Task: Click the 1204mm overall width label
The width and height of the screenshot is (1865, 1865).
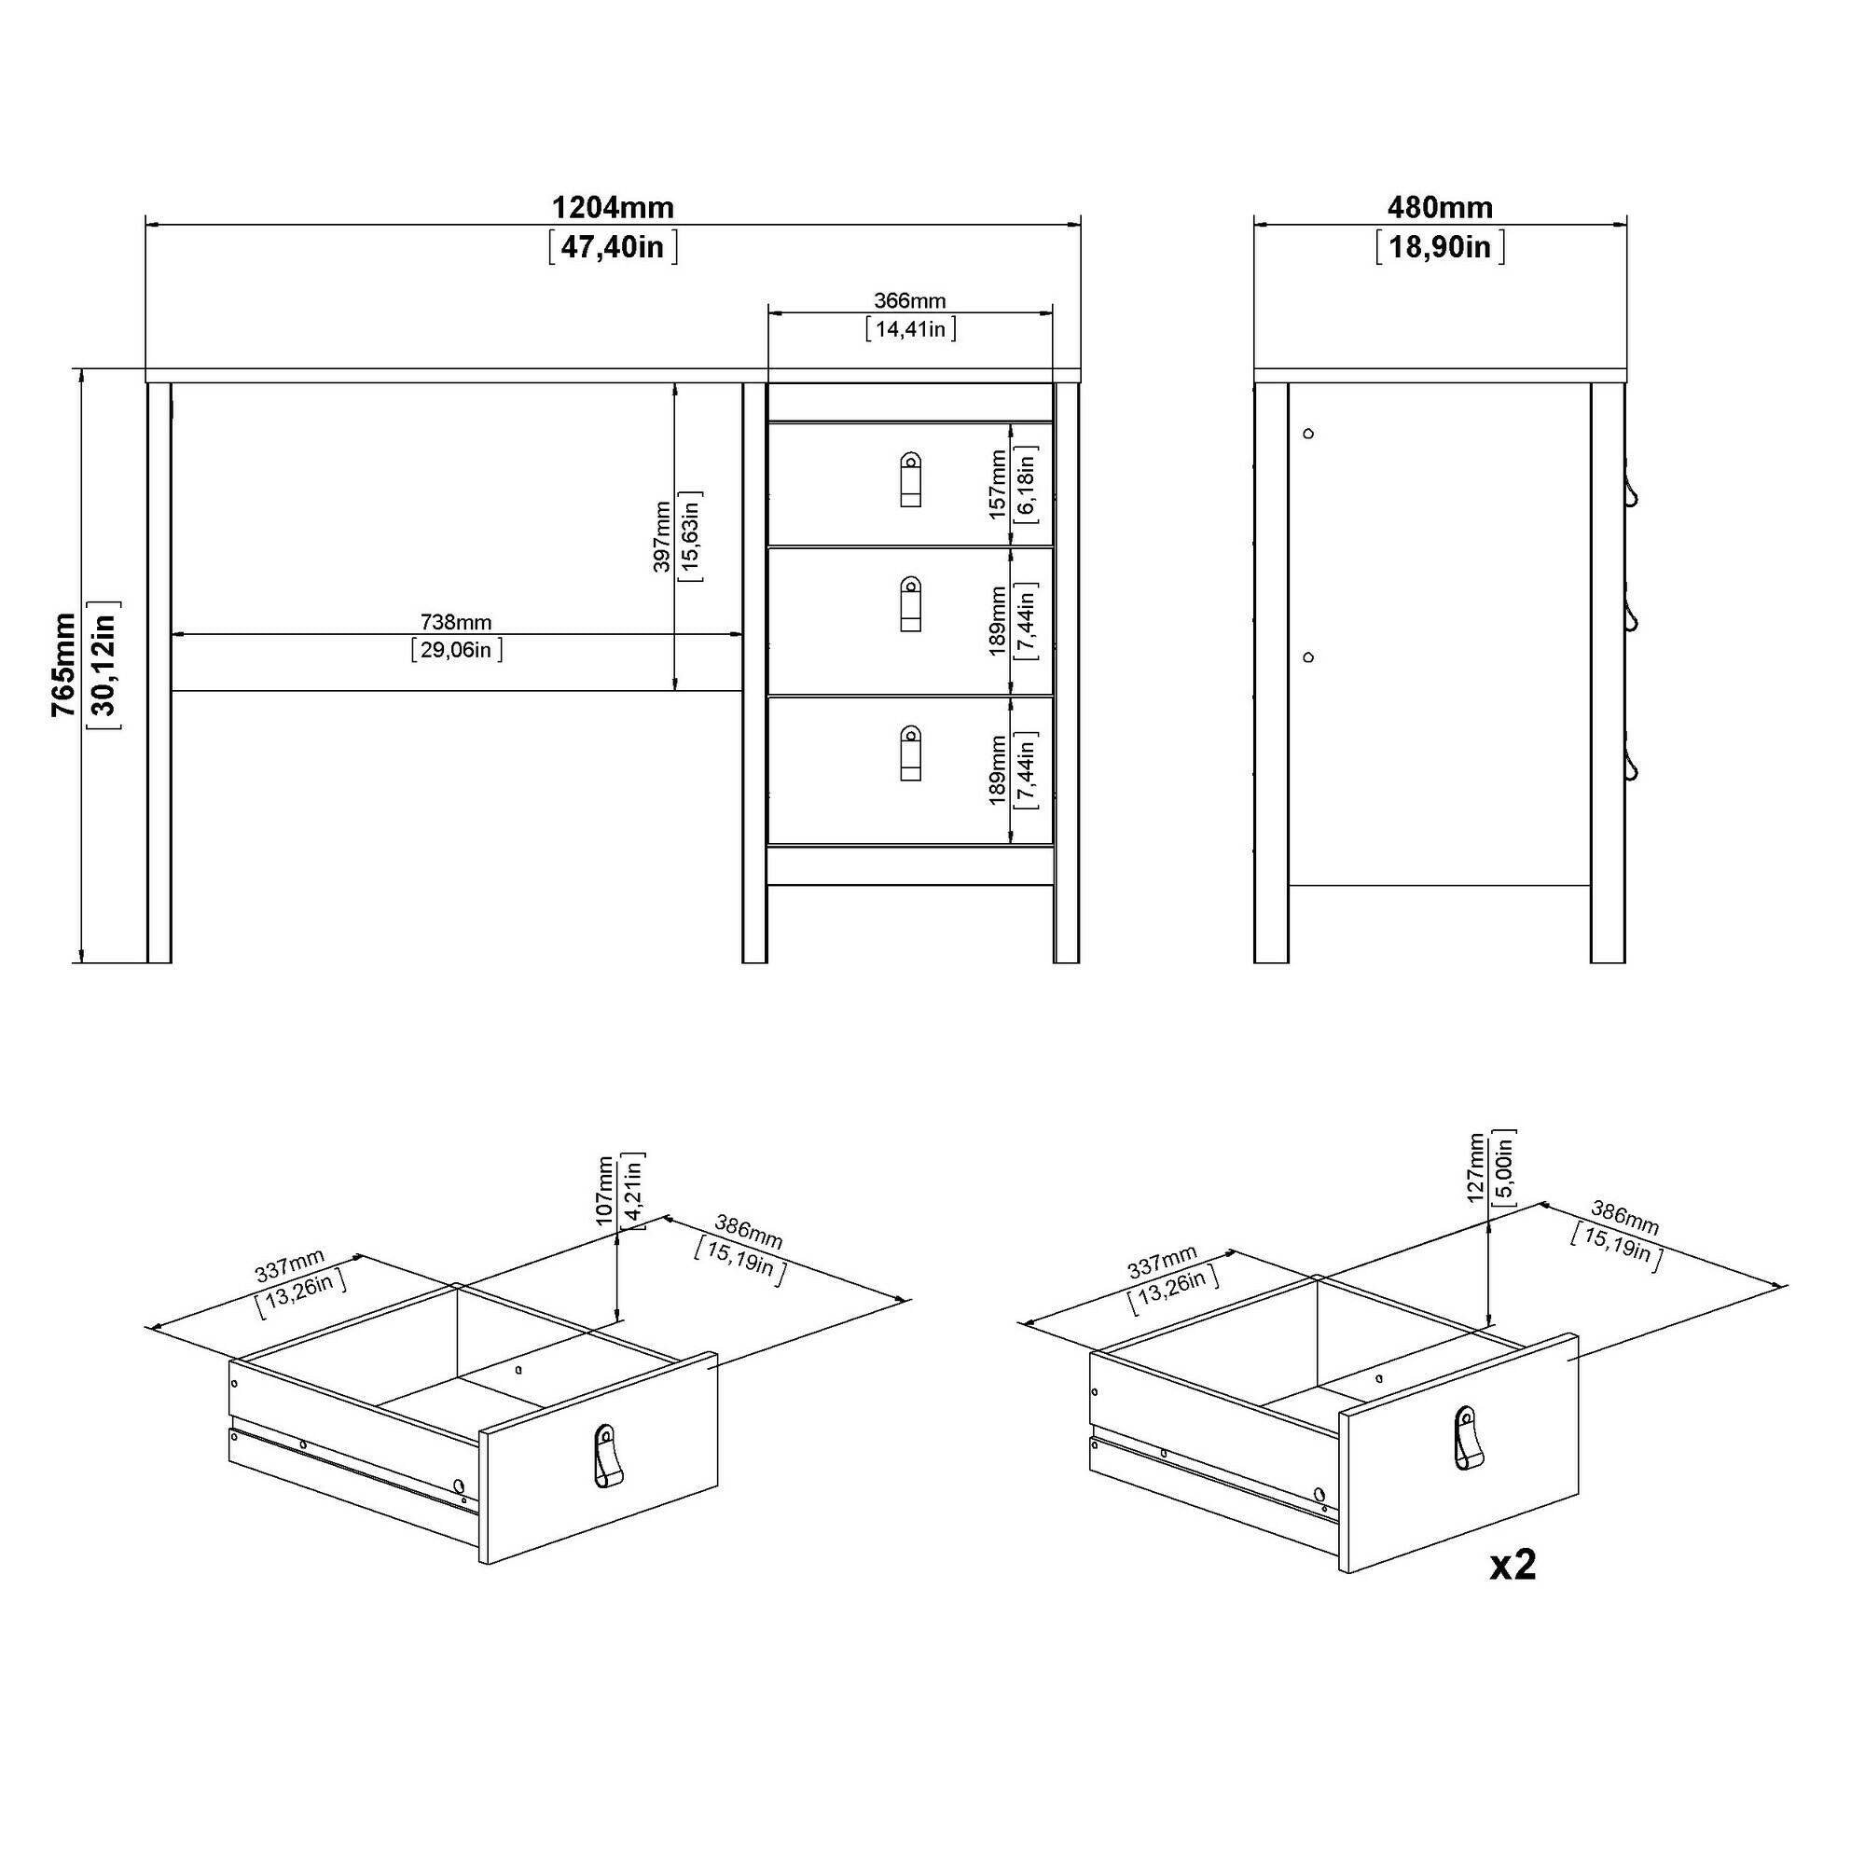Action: [x=612, y=208]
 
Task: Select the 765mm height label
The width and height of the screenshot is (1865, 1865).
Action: [x=63, y=664]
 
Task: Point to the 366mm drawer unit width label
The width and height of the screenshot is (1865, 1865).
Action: [x=909, y=301]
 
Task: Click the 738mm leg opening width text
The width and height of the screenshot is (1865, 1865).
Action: [x=456, y=623]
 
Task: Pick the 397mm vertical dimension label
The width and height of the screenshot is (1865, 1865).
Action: [x=662, y=536]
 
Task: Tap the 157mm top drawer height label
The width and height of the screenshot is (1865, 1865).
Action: [x=998, y=485]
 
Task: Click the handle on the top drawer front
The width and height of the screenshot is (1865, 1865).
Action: [x=910, y=479]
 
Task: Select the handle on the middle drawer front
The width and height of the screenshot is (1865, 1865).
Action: [x=910, y=604]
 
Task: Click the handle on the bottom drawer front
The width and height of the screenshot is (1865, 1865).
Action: [x=910, y=753]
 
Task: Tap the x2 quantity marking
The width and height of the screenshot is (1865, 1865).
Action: [x=1513, y=1565]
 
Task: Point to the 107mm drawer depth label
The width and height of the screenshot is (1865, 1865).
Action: [x=605, y=1191]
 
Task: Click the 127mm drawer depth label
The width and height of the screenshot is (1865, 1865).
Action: [x=1476, y=1168]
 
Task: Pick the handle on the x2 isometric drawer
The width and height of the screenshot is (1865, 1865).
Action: [x=1466, y=1439]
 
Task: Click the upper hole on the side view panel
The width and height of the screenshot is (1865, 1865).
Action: [x=1308, y=434]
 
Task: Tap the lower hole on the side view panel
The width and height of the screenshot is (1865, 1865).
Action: [x=1308, y=657]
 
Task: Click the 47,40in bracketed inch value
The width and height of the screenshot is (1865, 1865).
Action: [x=612, y=247]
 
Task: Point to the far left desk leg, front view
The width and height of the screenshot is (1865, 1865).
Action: [x=159, y=673]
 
